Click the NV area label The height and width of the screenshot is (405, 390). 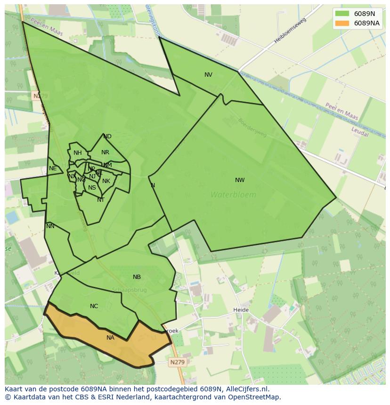point(208,75)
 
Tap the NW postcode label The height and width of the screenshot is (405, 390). point(240,180)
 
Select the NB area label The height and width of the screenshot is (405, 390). point(137,277)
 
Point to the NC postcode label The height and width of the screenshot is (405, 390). point(94,306)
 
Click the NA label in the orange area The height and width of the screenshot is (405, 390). point(110,338)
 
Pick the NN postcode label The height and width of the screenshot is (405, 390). point(50,226)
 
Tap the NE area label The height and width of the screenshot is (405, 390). point(53,168)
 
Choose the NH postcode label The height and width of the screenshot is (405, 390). point(77,153)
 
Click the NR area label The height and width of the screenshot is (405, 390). point(105,152)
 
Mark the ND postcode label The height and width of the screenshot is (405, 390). point(107,136)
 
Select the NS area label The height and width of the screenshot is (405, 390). point(92,188)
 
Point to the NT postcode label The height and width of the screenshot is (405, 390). point(100,200)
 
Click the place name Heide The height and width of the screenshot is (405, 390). point(241,310)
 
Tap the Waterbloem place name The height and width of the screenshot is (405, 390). point(233,195)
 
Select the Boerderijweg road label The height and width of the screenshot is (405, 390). point(252,127)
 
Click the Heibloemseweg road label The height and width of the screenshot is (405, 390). point(290,31)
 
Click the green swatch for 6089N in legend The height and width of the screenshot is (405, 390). point(342,14)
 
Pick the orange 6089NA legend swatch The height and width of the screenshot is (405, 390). point(342,23)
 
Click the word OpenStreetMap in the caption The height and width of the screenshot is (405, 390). point(255,397)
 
